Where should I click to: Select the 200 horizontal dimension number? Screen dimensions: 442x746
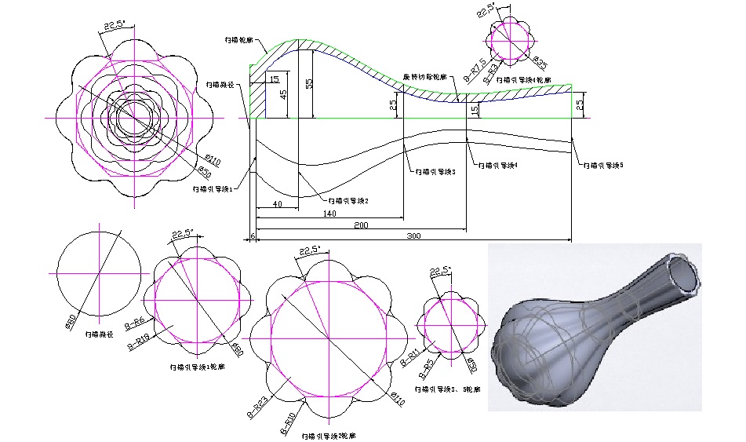tap(360, 225)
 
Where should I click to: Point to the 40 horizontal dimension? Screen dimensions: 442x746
tap(276, 204)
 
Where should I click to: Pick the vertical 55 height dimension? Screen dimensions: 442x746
tap(309, 83)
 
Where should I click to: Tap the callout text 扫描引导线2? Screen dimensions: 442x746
tap(348, 200)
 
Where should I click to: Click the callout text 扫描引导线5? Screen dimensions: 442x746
tap(602, 166)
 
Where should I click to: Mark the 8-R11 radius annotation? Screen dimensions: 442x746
tap(406, 359)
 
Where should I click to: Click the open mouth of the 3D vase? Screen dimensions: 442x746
tap(684, 275)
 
